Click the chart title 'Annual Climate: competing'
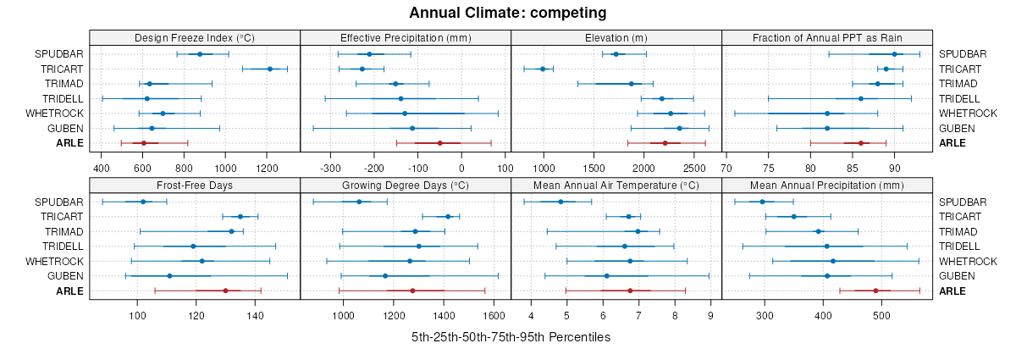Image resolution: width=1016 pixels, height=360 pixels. pos(508,13)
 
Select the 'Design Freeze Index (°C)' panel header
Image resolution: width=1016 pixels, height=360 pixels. pos(195,38)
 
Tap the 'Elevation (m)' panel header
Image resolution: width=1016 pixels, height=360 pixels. pos(616,38)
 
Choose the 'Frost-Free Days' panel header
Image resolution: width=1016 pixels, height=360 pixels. pos(195,186)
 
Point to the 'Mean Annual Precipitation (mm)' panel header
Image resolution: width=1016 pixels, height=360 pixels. pos(827,186)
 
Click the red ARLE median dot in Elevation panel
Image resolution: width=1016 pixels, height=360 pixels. pos(665,143)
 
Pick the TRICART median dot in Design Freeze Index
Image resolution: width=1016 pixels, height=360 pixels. pos(270,69)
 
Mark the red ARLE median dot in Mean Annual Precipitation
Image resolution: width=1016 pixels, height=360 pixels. pos(875,291)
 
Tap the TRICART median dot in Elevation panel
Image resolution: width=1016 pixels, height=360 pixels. pos(543,69)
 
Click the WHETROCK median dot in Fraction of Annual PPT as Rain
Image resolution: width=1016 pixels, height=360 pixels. pos(827,114)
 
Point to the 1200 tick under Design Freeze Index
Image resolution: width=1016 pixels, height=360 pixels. pos(267,168)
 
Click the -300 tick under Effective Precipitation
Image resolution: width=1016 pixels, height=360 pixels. pos(332,168)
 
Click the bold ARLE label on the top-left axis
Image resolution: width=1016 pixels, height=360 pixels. pos(71,143)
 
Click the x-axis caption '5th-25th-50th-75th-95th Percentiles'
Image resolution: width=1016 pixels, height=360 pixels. pos(511,337)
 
